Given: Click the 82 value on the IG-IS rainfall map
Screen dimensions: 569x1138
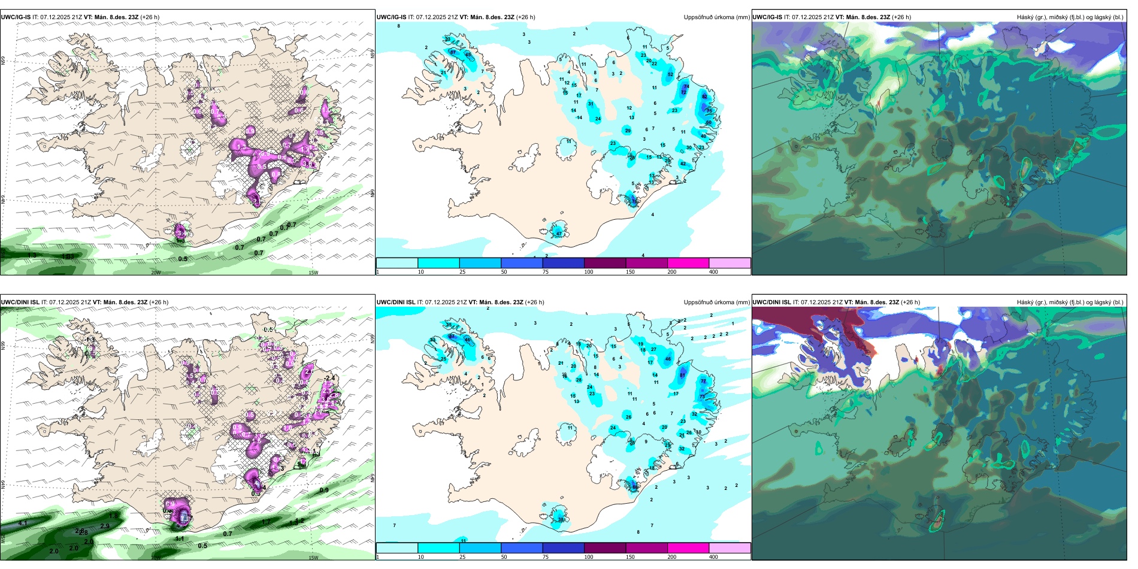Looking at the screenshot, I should pyautogui.click(x=704, y=96).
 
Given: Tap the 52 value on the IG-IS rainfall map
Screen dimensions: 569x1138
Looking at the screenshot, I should pyautogui.click(x=670, y=75).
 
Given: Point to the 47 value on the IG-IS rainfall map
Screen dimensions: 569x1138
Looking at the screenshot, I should pyautogui.click(x=559, y=233).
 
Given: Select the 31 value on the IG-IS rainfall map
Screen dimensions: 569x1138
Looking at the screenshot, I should pyautogui.click(x=591, y=104).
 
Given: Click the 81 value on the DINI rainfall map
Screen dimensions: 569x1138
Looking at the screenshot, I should pyautogui.click(x=682, y=376).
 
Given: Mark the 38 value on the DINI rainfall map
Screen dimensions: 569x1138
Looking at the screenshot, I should pyautogui.click(x=561, y=519).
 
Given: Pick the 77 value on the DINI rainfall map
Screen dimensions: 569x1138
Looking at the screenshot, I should pyautogui.click(x=703, y=381).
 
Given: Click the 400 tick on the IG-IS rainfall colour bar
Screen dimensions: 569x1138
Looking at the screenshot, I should pyautogui.click(x=713, y=272).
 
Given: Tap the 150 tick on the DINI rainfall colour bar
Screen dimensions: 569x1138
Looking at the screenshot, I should pyautogui.click(x=630, y=557).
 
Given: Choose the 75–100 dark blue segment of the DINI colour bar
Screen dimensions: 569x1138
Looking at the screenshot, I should pyautogui.click(x=563, y=548).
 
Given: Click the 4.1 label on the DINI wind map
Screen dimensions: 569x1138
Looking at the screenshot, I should pyautogui.click(x=23, y=523).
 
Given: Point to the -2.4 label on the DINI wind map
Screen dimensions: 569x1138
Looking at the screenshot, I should pyautogui.click(x=329, y=378).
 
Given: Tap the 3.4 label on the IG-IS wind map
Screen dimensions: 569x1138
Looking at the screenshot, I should pyautogui.click(x=181, y=234).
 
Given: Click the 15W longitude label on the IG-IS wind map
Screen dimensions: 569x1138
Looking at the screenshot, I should pyautogui.click(x=313, y=273).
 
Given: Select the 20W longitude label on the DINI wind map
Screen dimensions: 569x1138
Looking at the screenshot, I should pyautogui.click(x=156, y=558).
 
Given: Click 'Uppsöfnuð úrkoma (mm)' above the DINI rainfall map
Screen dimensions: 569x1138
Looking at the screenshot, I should pyautogui.click(x=716, y=302).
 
